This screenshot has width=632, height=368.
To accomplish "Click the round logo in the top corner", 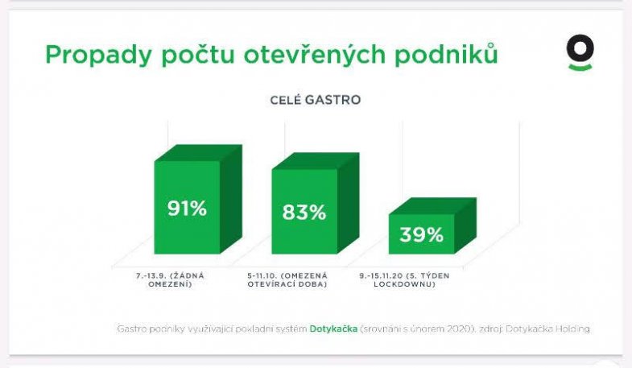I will pyautogui.click(x=580, y=52).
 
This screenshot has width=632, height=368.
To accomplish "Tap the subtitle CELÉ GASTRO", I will pyautogui.click(x=315, y=101).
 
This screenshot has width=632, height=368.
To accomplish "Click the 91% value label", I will pyautogui.click(x=188, y=209).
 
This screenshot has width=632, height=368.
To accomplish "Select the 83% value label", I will pyautogui.click(x=304, y=213).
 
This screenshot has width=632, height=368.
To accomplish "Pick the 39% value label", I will pyautogui.click(x=421, y=234).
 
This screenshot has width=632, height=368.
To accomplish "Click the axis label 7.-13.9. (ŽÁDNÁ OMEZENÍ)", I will pyautogui.click(x=171, y=279).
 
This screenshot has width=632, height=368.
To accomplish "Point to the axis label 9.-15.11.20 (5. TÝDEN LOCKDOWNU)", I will pyautogui.click(x=404, y=279).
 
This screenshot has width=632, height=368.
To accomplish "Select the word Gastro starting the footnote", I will pyautogui.click(x=131, y=329).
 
